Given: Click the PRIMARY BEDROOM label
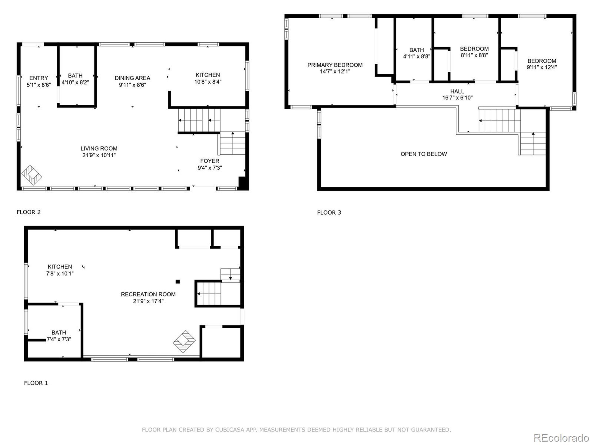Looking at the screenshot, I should click(x=334, y=65).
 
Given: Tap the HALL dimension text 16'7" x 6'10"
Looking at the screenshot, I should click(x=457, y=98).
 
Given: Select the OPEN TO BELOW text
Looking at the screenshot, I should click(x=424, y=154).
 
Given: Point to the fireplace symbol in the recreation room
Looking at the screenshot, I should click(x=184, y=341).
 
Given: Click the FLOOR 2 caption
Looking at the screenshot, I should click(x=28, y=212).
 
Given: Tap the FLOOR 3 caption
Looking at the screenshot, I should click(x=329, y=213).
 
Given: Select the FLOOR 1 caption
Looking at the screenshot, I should click(x=36, y=383).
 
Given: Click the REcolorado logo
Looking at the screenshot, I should click(x=561, y=438).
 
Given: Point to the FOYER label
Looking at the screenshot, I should click(x=210, y=161).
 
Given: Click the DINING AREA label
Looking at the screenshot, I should click(x=132, y=78).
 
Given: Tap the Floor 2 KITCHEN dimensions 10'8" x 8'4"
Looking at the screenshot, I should click(x=208, y=82).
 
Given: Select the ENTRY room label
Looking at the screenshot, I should click(x=39, y=78).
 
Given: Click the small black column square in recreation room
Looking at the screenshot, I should click(x=177, y=281).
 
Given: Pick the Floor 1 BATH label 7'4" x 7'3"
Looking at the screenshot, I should click(x=59, y=336).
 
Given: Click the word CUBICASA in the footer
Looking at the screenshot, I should click(x=230, y=430).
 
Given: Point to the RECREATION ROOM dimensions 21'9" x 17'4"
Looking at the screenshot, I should click(x=148, y=301).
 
